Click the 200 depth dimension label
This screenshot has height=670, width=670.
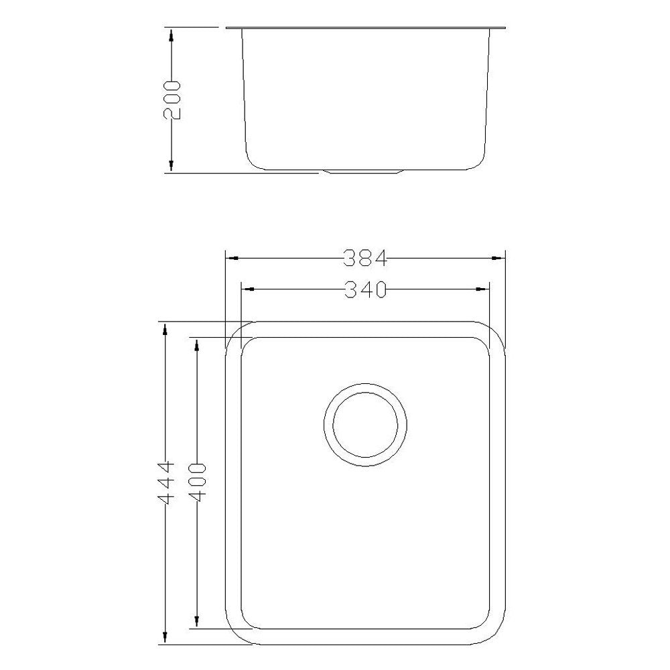[172, 99]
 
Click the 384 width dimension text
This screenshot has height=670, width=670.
[365, 257]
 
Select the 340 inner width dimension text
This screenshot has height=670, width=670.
[365, 289]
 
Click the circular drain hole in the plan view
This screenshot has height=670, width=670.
[365, 425]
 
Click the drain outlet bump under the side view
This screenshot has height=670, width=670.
[364, 172]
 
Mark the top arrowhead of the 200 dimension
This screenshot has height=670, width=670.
[172, 33]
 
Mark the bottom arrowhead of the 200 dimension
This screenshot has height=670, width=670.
[172, 167]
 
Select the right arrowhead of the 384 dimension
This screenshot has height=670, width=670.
[498, 257]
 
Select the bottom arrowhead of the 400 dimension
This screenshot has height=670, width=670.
[196, 623]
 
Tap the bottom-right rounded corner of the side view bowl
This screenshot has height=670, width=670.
[478, 161]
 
